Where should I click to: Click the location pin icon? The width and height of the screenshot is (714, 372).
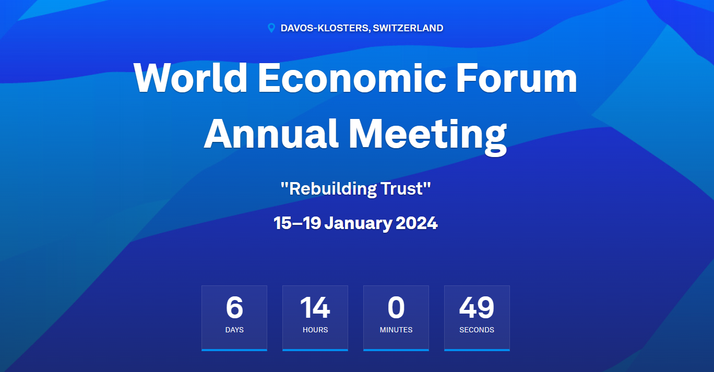coord(271,28)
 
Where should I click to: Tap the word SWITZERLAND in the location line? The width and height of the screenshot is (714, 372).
coord(408,28)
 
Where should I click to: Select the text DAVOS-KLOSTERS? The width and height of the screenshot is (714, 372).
coord(325,28)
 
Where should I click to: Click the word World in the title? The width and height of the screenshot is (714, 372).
coord(191,78)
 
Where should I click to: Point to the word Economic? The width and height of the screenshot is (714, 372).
coord(352,78)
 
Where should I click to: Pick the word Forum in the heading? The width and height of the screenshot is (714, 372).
coord(517,78)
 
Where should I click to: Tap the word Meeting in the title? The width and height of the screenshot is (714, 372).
coord(428,136)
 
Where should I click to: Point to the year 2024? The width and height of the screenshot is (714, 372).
coord(416,223)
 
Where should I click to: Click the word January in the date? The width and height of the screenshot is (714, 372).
coord(358,223)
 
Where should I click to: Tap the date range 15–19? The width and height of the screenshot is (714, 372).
coord(297,223)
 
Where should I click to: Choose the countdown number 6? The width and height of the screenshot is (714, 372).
coord(234,307)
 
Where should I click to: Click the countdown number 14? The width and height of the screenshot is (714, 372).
coord(315,307)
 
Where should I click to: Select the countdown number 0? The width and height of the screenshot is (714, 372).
coord(396,307)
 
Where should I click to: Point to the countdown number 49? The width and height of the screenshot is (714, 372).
coord(477,307)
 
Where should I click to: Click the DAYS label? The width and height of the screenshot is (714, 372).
coord(234,330)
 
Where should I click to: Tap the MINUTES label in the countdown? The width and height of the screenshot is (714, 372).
coord(396,330)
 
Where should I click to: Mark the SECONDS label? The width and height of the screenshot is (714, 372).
coord(477,330)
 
